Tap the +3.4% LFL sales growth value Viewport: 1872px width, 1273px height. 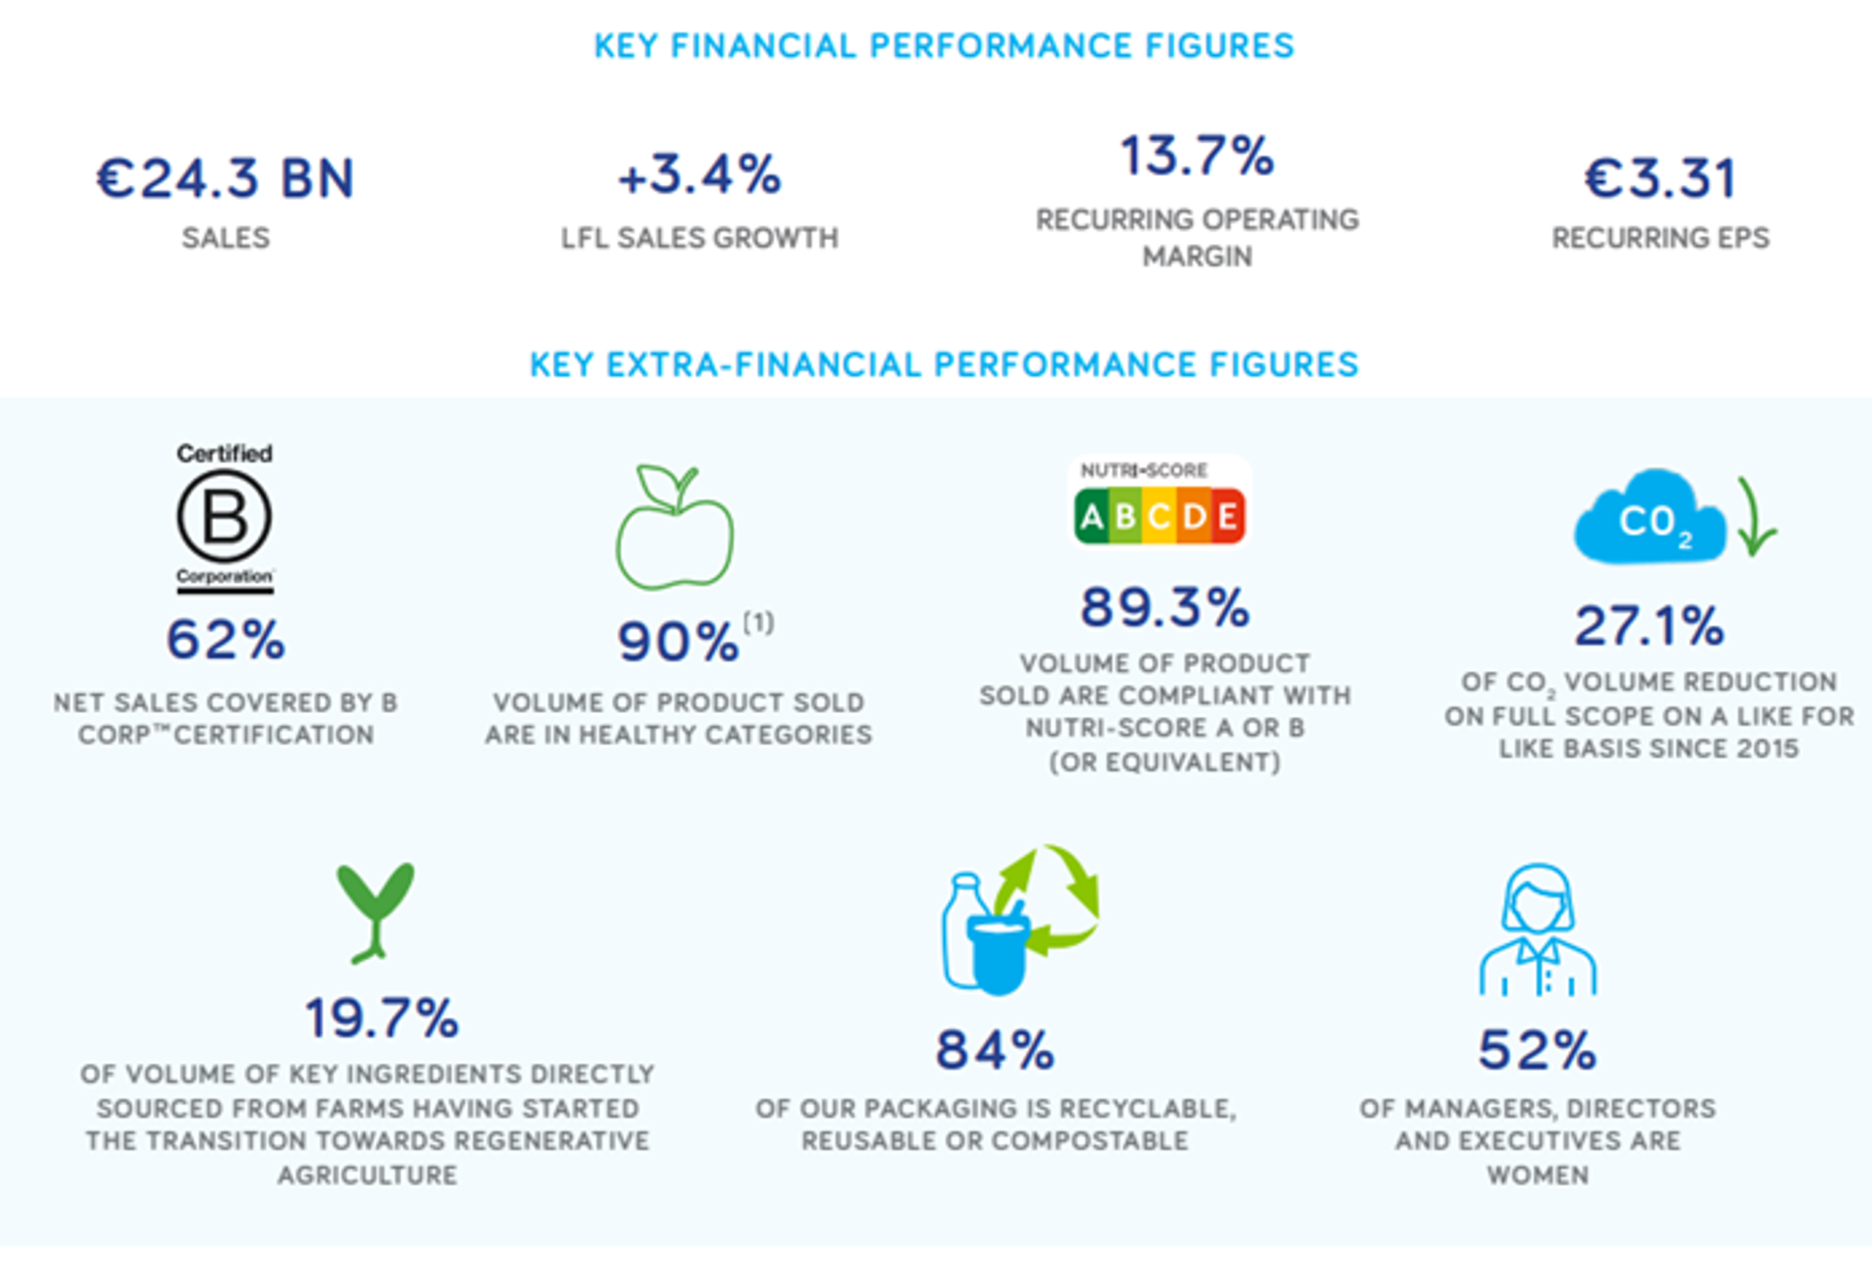tap(699, 174)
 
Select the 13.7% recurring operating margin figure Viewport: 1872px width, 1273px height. tap(1197, 156)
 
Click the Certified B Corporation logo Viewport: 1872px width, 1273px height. tap(225, 518)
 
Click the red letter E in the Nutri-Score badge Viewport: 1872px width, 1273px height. tap(1227, 516)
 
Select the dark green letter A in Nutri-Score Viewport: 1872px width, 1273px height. tap(1092, 516)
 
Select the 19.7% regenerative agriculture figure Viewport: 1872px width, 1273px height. tap(381, 1018)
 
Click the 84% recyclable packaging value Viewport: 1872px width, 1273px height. tap(995, 1050)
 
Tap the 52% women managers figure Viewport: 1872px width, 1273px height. tap(1537, 1050)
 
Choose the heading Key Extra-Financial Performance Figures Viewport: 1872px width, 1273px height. tap(944, 365)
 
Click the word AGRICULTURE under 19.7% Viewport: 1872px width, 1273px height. tap(367, 1175)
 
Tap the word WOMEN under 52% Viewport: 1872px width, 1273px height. tap(1537, 1175)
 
